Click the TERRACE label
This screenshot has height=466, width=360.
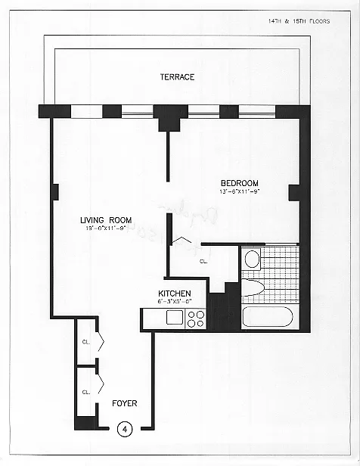click(x=177, y=77)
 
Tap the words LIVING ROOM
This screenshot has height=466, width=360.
click(x=106, y=220)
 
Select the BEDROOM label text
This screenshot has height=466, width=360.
click(x=240, y=183)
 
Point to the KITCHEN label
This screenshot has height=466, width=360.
click(x=174, y=294)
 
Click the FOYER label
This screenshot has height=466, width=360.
click(x=125, y=403)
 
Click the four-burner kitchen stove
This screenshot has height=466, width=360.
click(x=195, y=318)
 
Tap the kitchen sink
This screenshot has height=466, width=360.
click(x=174, y=318)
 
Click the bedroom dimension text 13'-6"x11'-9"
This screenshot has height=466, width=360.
click(x=240, y=192)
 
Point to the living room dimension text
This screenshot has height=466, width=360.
click(x=106, y=229)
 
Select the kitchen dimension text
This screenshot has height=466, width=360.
click(x=174, y=302)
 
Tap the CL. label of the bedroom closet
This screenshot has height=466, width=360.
click(x=203, y=261)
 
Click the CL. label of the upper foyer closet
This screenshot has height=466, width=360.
click(x=86, y=341)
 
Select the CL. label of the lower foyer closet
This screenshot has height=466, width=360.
click(x=86, y=392)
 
